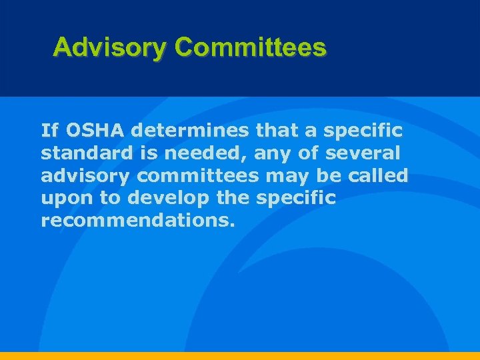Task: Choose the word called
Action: click(381, 175)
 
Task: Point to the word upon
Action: click(63, 199)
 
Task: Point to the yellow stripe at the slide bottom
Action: click(240, 356)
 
